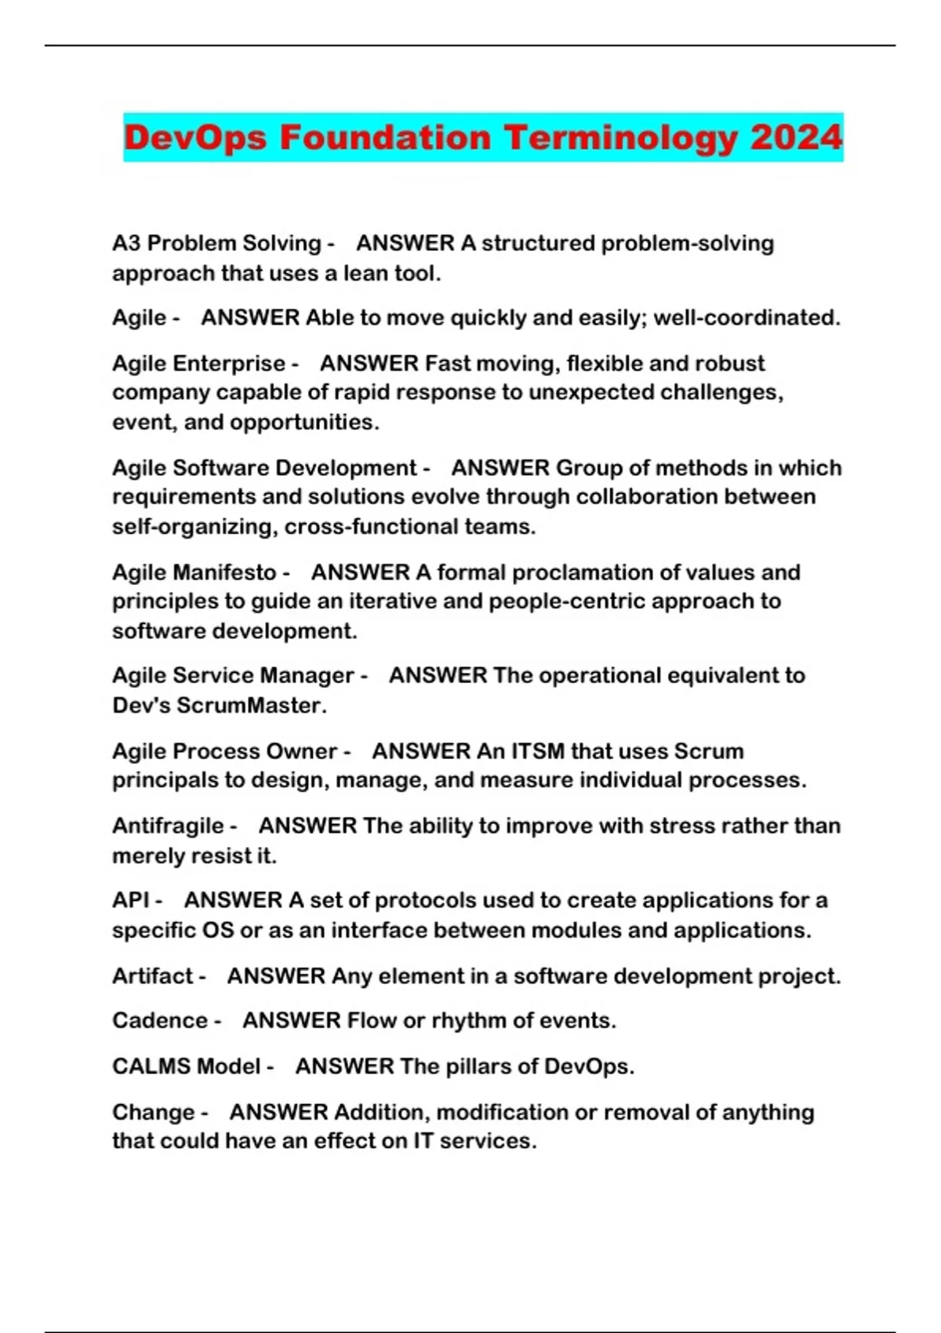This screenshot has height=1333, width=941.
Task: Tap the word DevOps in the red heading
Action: click(195, 138)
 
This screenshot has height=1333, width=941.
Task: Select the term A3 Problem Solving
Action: click(216, 243)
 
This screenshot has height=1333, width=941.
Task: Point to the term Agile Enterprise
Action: click(198, 363)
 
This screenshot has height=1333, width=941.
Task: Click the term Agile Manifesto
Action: click(194, 572)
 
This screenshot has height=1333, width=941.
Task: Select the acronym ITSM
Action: click(538, 750)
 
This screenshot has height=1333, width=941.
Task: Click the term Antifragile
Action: click(168, 825)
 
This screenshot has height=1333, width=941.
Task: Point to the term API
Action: click(131, 899)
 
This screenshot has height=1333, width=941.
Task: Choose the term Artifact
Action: click(152, 975)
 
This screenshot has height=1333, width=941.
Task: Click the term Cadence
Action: click(160, 1020)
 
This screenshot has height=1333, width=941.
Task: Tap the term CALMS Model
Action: click(186, 1066)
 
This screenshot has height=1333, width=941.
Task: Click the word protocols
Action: click(424, 899)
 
